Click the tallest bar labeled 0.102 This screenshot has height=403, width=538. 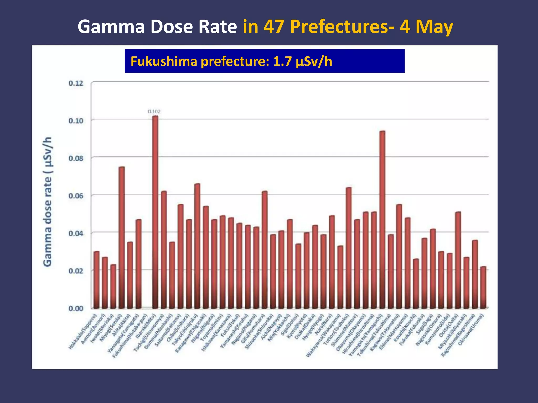point(155,210)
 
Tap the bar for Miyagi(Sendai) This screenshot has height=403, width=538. point(122,236)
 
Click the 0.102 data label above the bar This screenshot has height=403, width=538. point(154,112)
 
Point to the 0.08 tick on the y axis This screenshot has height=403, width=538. point(76,158)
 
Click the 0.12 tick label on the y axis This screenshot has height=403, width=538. point(76,83)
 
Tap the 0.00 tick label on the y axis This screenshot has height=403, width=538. point(76,309)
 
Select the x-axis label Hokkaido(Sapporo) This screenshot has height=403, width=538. point(83,331)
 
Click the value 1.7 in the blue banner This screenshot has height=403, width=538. point(282,61)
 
